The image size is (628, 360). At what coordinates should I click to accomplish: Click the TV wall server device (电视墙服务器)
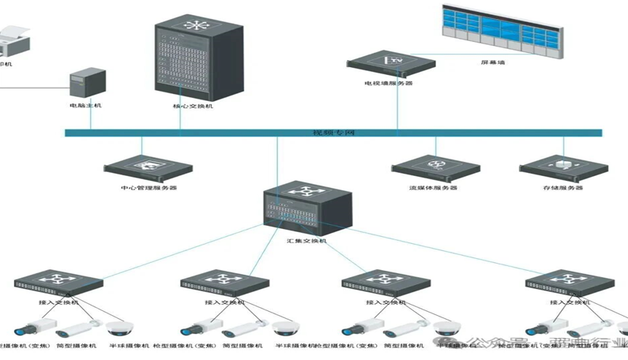[388, 63]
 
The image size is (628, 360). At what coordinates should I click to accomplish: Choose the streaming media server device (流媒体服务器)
[435, 167]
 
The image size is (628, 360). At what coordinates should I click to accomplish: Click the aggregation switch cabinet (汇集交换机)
[300, 208]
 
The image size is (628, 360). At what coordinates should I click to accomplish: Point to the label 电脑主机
[85, 105]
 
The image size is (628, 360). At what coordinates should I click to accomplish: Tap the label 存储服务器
[562, 188]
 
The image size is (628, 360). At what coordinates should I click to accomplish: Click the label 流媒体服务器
[434, 188]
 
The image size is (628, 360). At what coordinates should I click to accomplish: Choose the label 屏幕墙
[492, 61]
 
